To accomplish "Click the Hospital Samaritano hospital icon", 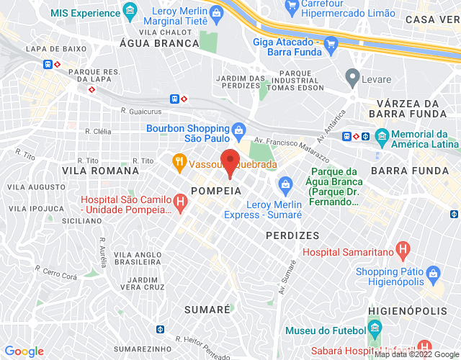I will pos(403,251).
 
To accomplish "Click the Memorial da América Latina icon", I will pos(382,135).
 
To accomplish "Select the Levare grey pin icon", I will pos(352,76).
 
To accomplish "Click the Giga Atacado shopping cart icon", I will pos(331,43).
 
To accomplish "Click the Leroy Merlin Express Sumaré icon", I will pos(285,185).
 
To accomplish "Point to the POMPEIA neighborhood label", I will pos(215,190).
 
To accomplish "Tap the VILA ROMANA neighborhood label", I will pos(101,171).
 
